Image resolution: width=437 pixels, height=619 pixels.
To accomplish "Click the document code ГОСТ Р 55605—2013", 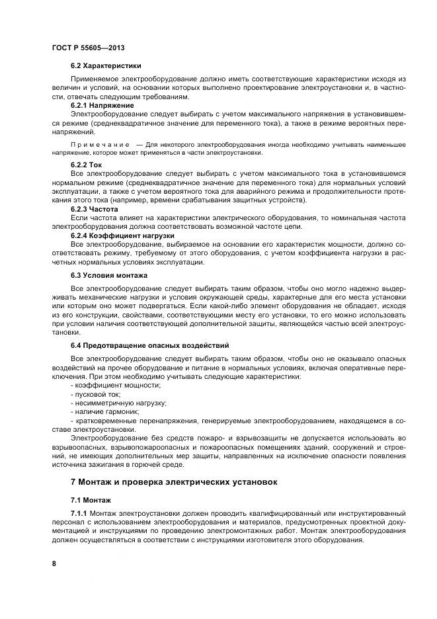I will [x=88, y=48].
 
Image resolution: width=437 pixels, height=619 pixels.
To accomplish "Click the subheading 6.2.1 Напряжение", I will [x=102, y=105].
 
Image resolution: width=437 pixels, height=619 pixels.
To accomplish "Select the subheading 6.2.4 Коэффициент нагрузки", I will [x=113, y=235].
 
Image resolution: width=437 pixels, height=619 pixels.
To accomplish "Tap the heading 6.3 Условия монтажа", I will [x=109, y=274].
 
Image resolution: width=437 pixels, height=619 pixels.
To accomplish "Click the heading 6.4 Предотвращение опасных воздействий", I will [x=150, y=345].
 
